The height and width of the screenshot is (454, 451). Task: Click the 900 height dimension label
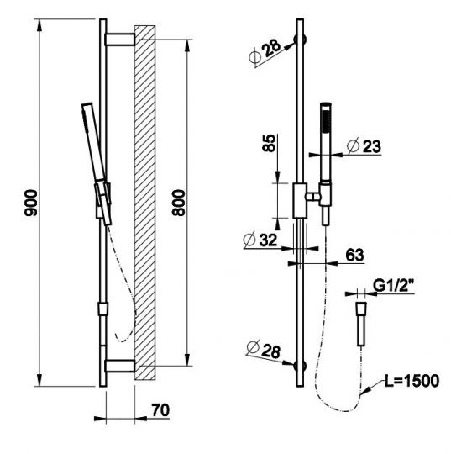pos(31,203)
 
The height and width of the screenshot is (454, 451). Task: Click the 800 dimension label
pos(178,203)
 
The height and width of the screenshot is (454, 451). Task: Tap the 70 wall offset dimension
pos(160,410)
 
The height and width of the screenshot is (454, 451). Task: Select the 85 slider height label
pos(269,143)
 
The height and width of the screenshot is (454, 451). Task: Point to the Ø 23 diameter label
pos(364,145)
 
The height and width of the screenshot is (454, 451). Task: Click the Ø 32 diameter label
pos(260,240)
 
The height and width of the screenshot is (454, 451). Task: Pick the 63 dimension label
pos(355,255)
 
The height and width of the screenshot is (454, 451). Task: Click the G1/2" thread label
pos(392,286)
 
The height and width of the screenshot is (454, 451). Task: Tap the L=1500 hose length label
pos(412,381)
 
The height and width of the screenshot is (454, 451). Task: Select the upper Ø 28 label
pos(265,51)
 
